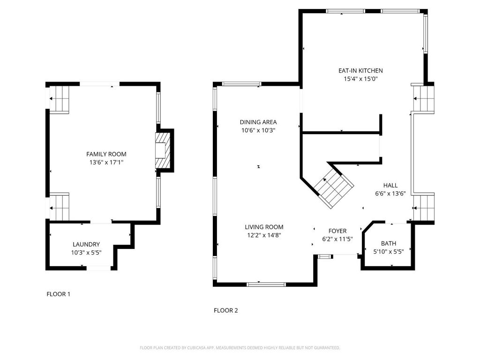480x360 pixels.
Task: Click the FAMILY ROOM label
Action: click(106, 154)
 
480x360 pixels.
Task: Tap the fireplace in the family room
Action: click(163, 150)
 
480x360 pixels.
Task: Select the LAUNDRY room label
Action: click(86, 244)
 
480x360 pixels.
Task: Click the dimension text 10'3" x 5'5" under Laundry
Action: click(86, 253)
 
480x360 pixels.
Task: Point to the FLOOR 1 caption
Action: click(59, 294)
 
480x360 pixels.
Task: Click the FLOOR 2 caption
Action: click(225, 310)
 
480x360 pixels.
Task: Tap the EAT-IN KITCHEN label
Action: click(360, 71)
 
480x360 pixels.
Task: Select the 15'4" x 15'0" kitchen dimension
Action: click(360, 79)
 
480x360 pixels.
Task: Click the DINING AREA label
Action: click(258, 122)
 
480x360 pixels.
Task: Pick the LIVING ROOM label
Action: click(264, 227)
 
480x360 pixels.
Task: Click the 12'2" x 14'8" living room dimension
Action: click(264, 235)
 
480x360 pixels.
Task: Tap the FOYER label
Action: click(337, 231)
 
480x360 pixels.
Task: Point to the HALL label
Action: click(390, 186)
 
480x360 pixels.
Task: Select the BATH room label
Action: click(389, 244)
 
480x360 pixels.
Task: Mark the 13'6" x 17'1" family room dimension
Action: click(106, 163)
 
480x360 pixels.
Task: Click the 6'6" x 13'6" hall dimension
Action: click(390, 194)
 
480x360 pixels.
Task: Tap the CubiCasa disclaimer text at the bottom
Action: click(240, 348)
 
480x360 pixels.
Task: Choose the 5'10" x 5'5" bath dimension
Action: click(389, 252)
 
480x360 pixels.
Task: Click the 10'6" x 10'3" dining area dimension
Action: click(258, 130)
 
